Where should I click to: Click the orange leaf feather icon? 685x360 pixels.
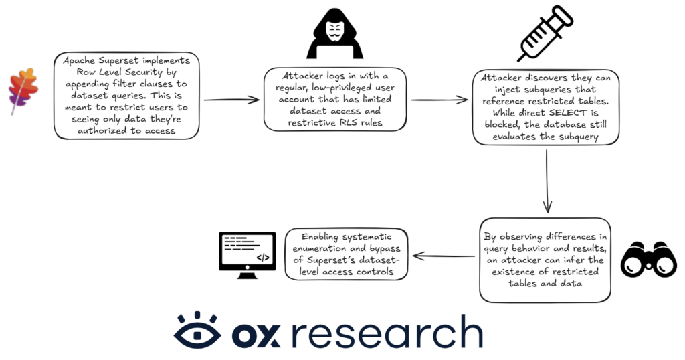coord(23,91)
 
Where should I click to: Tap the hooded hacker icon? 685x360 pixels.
coord(334,33)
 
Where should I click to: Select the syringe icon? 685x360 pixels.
coord(545,33)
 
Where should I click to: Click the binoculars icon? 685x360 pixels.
coord(648,259)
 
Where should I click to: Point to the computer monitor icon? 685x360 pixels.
coord(248,255)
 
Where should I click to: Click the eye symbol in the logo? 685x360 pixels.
coord(197,331)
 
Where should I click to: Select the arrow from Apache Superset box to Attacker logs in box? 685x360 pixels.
coord(231,100)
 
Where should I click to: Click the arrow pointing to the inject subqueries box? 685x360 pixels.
coord(439,100)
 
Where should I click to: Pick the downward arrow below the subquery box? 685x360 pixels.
coord(547,181)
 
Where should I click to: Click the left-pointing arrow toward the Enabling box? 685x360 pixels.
coord(444,256)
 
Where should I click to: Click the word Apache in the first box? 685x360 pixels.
coord(79,60)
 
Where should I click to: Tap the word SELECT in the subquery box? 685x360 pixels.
coord(567,112)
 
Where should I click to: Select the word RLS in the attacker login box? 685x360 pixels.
coord(349,122)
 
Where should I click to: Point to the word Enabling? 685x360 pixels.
coord(320,237)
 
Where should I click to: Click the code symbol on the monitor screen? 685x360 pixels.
coord(263,258)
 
